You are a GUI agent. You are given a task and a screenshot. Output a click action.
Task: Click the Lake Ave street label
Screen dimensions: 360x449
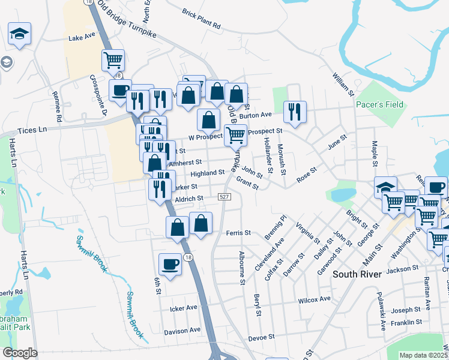click(82, 37)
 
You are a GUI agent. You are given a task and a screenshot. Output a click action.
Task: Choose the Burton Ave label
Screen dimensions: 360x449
click(256, 115)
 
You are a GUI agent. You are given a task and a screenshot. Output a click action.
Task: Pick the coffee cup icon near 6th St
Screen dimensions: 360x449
click(170, 264)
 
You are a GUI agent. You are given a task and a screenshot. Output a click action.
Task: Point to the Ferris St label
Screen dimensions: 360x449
click(238, 232)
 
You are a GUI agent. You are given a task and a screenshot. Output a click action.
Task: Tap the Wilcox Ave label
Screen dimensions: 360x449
click(315, 299)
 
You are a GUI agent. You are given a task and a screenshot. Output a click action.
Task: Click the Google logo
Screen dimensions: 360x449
click(20, 353)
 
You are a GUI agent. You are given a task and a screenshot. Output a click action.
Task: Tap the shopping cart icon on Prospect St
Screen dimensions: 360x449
click(235, 135)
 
